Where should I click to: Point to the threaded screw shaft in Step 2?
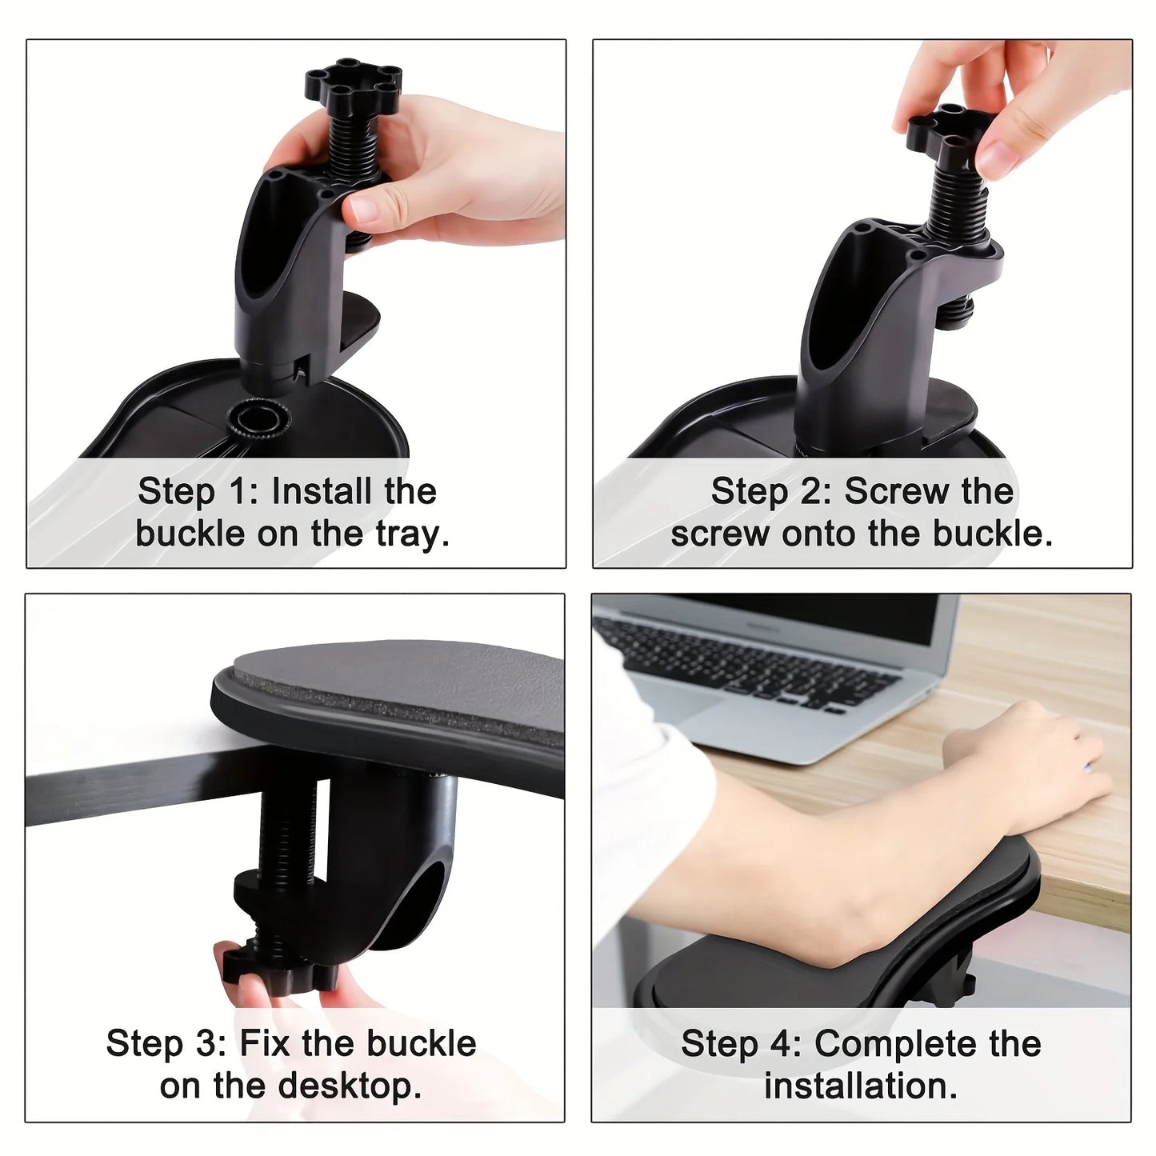tap(950, 204)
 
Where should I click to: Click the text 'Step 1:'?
tap(198, 491)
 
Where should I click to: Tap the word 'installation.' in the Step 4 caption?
tap(861, 1086)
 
